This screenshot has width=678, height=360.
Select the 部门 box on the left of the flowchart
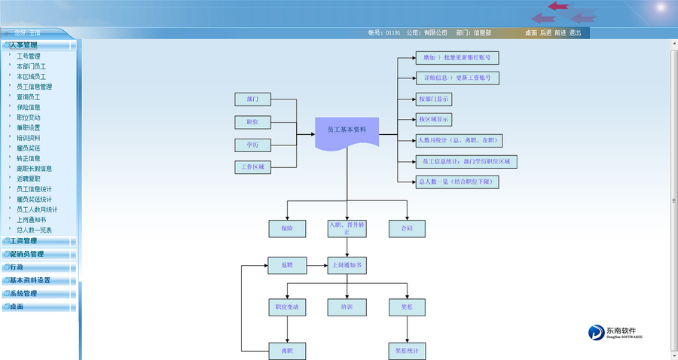(x=252, y=99)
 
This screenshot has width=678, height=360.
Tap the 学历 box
(x=252, y=145)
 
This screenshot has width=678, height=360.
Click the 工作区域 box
(x=252, y=167)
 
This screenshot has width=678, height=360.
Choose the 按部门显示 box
(x=435, y=99)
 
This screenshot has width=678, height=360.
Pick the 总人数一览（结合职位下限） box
(x=457, y=182)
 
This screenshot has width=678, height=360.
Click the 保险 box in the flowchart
(x=286, y=227)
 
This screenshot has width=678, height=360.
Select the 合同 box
(x=407, y=227)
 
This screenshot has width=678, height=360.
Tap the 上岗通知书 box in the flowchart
(x=347, y=266)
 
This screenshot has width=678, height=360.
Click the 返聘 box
(x=286, y=266)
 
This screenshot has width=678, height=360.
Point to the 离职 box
(x=286, y=350)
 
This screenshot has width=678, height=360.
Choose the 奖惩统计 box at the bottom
(x=407, y=350)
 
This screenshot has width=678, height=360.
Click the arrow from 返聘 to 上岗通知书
(x=316, y=266)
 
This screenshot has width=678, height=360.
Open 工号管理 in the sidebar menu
(x=29, y=56)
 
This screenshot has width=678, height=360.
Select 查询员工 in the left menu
(x=29, y=97)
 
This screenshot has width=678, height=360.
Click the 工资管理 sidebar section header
(x=23, y=241)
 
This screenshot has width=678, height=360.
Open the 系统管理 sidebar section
(x=23, y=294)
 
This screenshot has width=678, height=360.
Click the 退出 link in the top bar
(x=575, y=33)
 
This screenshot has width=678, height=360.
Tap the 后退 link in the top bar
(x=545, y=33)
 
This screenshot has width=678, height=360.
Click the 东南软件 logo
(x=615, y=332)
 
